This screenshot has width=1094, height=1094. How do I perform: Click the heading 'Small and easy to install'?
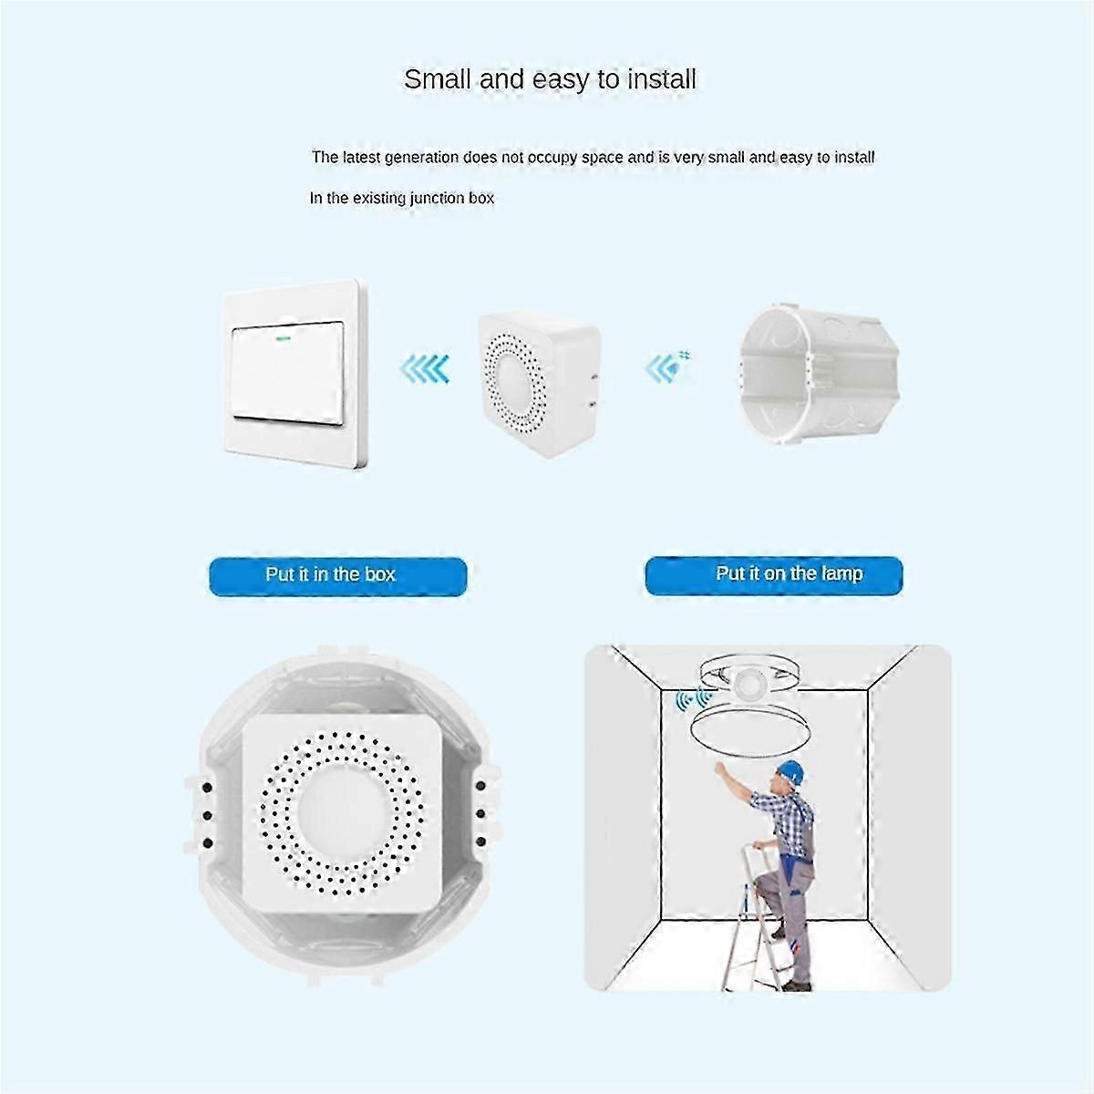[x=550, y=80]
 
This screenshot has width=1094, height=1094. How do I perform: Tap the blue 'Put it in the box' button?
[x=337, y=575]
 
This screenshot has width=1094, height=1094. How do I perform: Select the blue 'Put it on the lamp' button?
[x=774, y=575]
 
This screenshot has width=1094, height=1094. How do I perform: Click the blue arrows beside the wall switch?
[x=425, y=369]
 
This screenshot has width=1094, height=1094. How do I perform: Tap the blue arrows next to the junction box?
[x=666, y=367]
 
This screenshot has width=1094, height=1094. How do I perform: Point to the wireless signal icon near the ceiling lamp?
[x=692, y=700]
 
